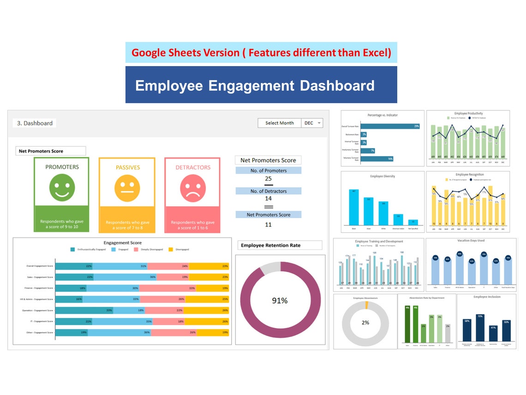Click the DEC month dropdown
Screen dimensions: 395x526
[312, 123]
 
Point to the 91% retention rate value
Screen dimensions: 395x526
[280, 300]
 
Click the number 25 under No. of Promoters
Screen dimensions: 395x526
[268, 179]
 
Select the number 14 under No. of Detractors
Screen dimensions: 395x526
[268, 199]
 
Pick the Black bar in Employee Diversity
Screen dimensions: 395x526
[354, 207]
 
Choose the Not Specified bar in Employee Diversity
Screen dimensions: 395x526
[413, 222]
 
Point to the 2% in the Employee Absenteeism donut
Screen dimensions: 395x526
[365, 322]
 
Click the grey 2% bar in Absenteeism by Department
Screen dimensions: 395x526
[448, 333]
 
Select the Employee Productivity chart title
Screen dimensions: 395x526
[468, 114]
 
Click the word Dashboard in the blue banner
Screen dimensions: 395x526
[337, 86]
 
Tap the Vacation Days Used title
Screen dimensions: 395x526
[471, 241]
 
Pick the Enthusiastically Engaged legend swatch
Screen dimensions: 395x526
[72, 249]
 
